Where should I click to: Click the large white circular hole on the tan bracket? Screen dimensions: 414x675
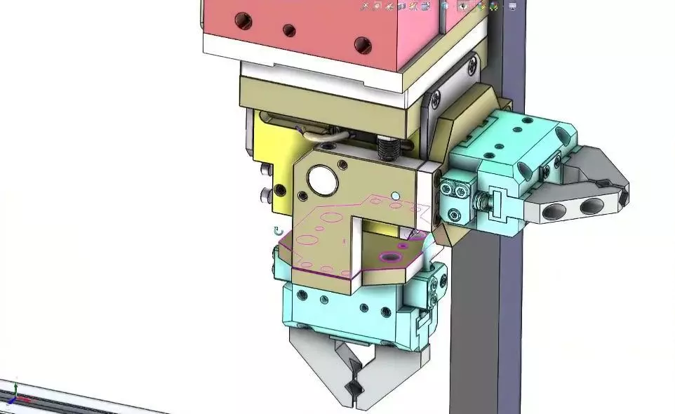[x=322, y=180]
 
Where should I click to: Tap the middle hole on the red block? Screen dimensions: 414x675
[x=288, y=31]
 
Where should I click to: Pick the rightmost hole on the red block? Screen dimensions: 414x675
[x=362, y=46]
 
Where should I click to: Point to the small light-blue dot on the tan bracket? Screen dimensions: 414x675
[x=395, y=196]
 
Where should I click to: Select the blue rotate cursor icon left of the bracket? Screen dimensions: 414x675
[x=278, y=230]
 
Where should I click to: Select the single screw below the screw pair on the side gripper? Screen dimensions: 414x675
[x=454, y=215]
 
